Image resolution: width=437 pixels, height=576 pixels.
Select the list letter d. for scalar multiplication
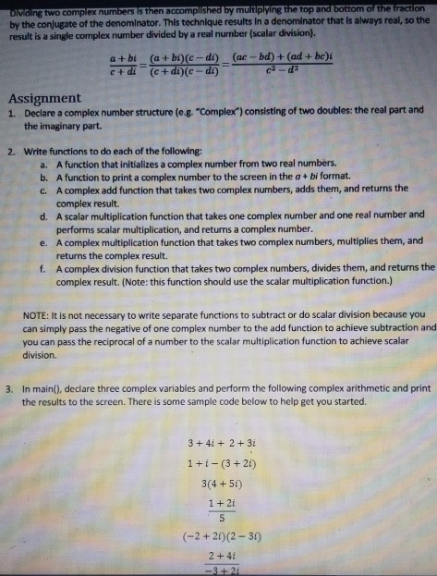pos(44,214)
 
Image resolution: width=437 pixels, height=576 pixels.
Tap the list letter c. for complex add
pos(44,189)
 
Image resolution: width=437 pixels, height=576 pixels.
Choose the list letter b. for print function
pos(44,175)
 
